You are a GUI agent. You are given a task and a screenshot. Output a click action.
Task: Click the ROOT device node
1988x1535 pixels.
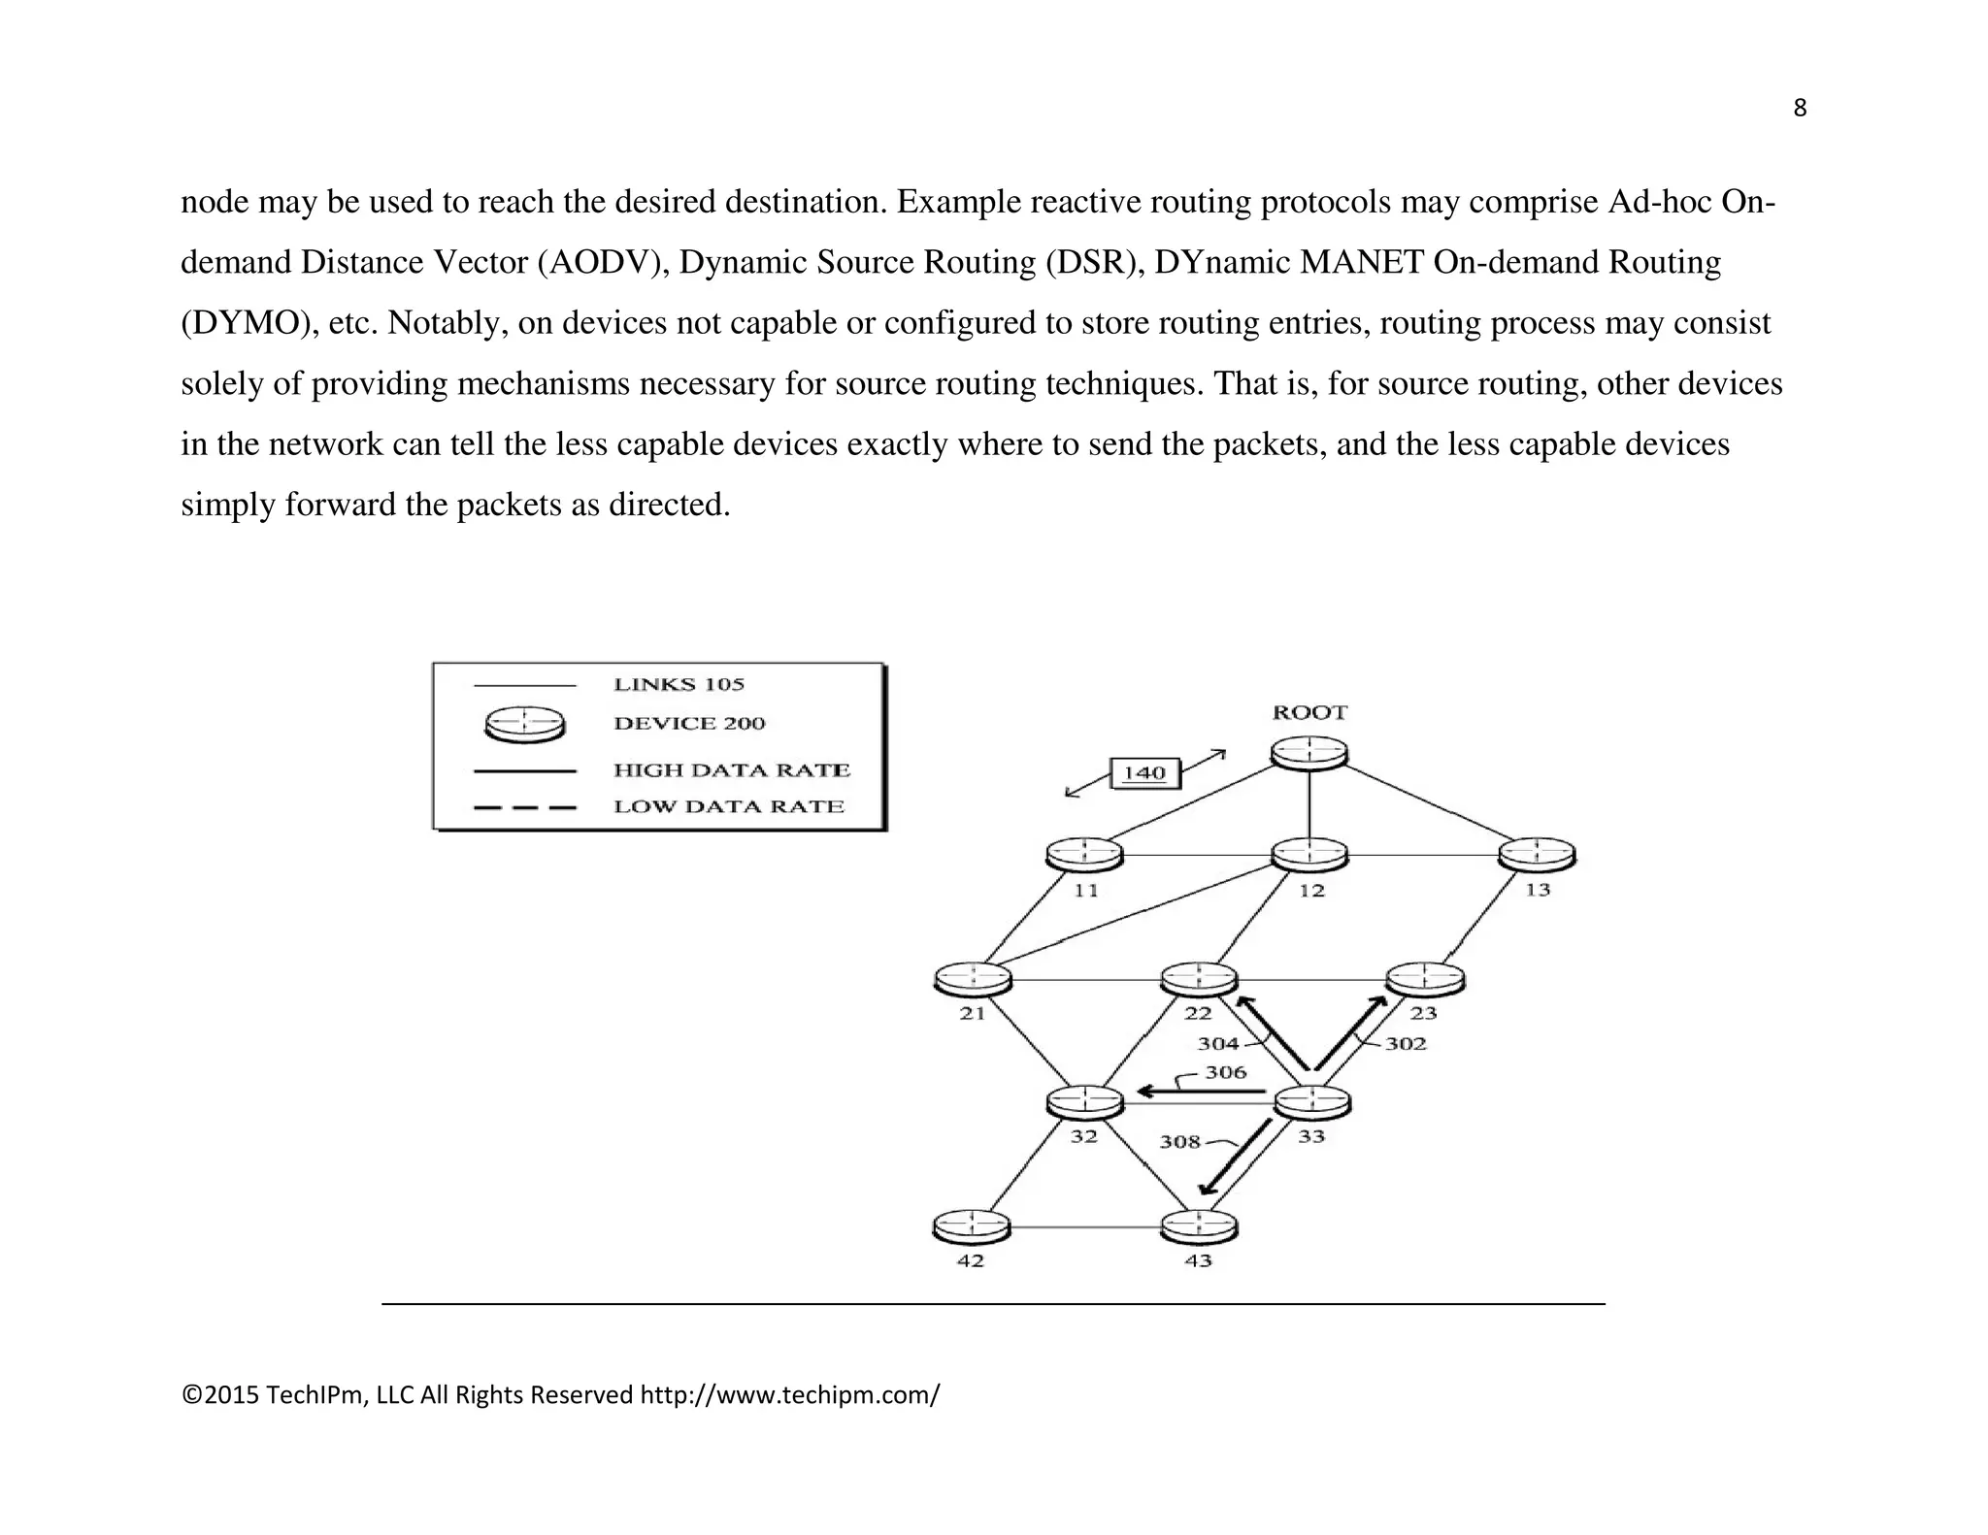1309,753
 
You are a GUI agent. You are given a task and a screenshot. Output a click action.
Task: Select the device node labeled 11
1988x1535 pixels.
1084,855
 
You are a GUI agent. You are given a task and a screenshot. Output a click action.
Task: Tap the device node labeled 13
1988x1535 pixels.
1537,855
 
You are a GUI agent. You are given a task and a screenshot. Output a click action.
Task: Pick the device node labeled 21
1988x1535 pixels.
972,979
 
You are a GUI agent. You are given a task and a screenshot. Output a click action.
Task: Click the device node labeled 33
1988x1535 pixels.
1311,1102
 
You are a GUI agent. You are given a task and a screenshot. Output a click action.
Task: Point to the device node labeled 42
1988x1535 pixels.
971,1226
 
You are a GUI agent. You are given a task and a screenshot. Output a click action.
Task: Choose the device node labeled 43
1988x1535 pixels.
1200,1226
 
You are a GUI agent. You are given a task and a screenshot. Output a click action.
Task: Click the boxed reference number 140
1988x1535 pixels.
1144,773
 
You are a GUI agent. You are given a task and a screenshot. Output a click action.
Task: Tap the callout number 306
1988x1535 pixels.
1225,1072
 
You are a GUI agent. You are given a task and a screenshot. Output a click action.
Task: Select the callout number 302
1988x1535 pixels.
1405,1044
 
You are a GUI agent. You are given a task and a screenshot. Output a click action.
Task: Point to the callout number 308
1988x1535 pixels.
1180,1142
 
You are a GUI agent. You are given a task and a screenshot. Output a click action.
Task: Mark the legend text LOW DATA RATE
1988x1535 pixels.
729,806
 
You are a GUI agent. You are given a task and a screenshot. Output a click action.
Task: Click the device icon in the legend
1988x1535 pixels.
524,724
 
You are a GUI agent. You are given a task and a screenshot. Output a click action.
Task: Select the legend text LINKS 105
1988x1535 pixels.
679,684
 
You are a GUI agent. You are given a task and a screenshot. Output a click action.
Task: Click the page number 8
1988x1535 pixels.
1800,109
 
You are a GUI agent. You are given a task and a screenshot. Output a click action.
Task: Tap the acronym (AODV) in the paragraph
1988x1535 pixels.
603,262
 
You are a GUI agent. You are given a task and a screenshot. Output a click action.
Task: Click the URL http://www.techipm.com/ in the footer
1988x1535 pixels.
789,1395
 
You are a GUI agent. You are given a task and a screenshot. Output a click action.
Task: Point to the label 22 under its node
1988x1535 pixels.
1198,1014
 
